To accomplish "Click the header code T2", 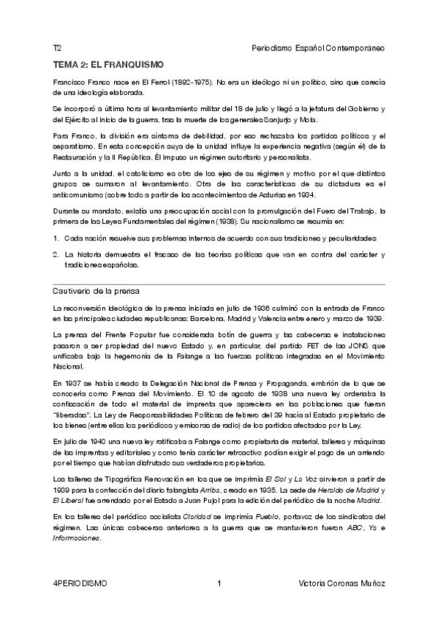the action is (56, 48).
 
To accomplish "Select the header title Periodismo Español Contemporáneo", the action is (317, 48).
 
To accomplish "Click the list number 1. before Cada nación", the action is (56, 238).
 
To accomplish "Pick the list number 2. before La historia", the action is (56, 254).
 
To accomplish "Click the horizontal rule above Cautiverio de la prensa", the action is (219, 282).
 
